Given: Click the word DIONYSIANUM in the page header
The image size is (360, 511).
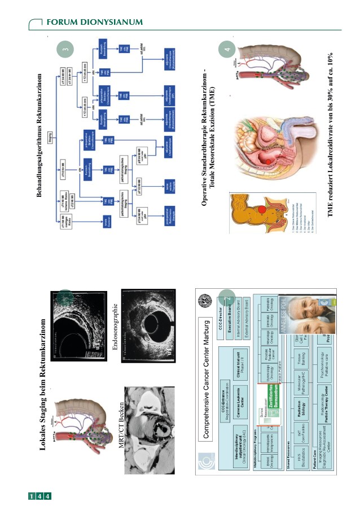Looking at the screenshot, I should pyautogui.click(x=110, y=21).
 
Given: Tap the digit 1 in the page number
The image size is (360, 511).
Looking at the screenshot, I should pyautogui.click(x=33, y=496).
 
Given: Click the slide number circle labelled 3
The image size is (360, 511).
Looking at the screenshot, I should pyautogui.click(x=65, y=49).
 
